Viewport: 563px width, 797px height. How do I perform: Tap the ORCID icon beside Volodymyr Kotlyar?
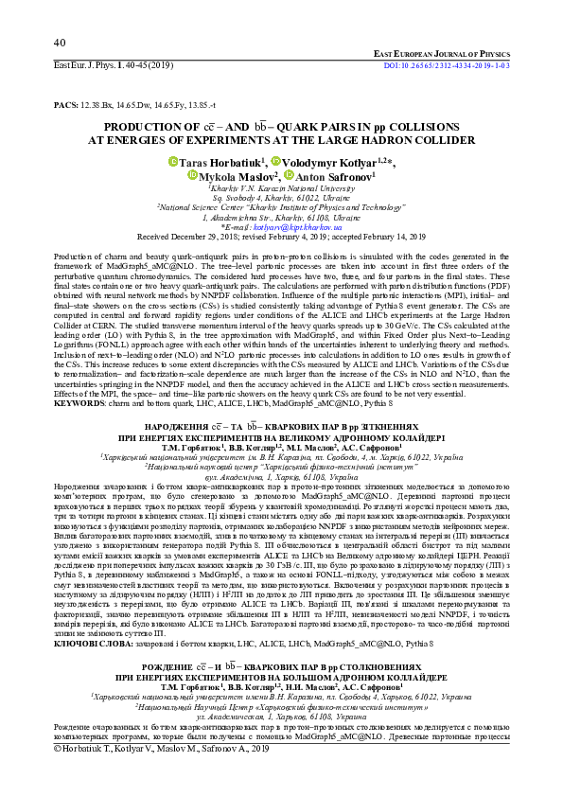pos(275,162)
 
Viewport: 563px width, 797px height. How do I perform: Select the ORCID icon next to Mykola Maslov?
pos(193,175)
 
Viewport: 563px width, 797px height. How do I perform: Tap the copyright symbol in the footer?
pos(60,774)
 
